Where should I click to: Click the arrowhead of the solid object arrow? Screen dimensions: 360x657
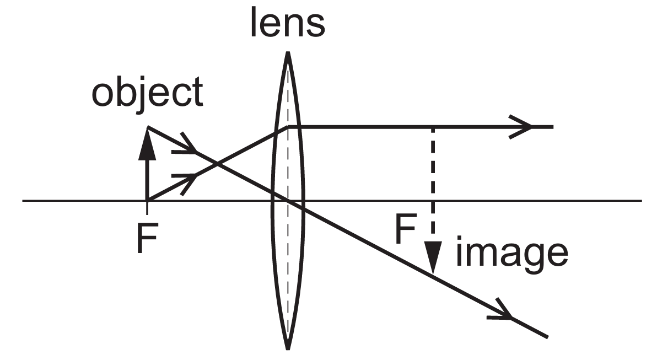147,144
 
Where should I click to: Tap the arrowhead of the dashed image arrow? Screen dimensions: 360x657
433,259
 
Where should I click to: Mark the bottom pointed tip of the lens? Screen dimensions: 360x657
287,349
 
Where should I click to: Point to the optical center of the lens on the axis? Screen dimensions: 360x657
287,200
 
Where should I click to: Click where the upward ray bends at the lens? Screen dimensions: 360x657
287,127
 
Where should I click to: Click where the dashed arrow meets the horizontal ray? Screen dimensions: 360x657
433,127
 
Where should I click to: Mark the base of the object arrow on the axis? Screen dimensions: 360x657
147,200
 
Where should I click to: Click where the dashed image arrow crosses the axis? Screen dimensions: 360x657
433,200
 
